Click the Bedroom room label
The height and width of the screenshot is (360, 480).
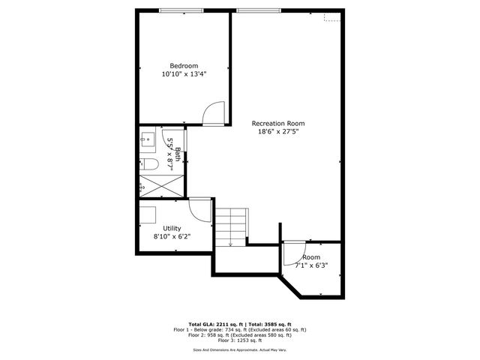[184, 65]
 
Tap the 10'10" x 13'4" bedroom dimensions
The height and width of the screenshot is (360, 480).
[184, 74]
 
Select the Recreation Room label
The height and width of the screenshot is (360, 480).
[278, 123]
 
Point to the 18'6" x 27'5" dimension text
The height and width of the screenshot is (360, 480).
[278, 132]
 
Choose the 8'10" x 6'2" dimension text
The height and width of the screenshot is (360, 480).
[172, 237]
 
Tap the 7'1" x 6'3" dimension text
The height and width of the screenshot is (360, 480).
[311, 265]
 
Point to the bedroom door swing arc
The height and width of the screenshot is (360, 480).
[214, 112]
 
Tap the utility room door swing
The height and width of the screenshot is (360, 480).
[200, 208]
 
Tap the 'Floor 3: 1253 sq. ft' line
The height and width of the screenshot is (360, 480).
[240, 341]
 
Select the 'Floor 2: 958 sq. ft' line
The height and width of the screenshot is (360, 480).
[240, 335]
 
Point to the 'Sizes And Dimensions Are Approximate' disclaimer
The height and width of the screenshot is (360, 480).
[240, 349]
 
